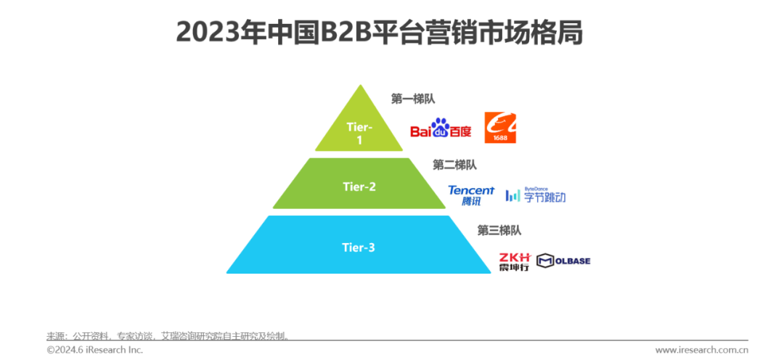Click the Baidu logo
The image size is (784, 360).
pos(441,128)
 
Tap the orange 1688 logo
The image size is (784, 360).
pos(500,128)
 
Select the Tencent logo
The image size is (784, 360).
pos(470,195)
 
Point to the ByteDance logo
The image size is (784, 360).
pos(536,195)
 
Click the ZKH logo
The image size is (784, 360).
pos(515,261)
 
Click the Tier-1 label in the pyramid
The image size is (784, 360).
pos(359,134)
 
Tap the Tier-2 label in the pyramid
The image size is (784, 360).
pos(359,187)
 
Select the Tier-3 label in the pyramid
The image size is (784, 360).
pos(359,247)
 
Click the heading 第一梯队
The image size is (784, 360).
pos(412,99)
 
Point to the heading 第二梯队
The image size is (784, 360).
pos(454,165)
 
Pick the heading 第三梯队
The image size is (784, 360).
pos(499,230)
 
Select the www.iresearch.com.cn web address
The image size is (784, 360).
pos(701,350)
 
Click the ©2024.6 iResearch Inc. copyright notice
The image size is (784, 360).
pos(95,350)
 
